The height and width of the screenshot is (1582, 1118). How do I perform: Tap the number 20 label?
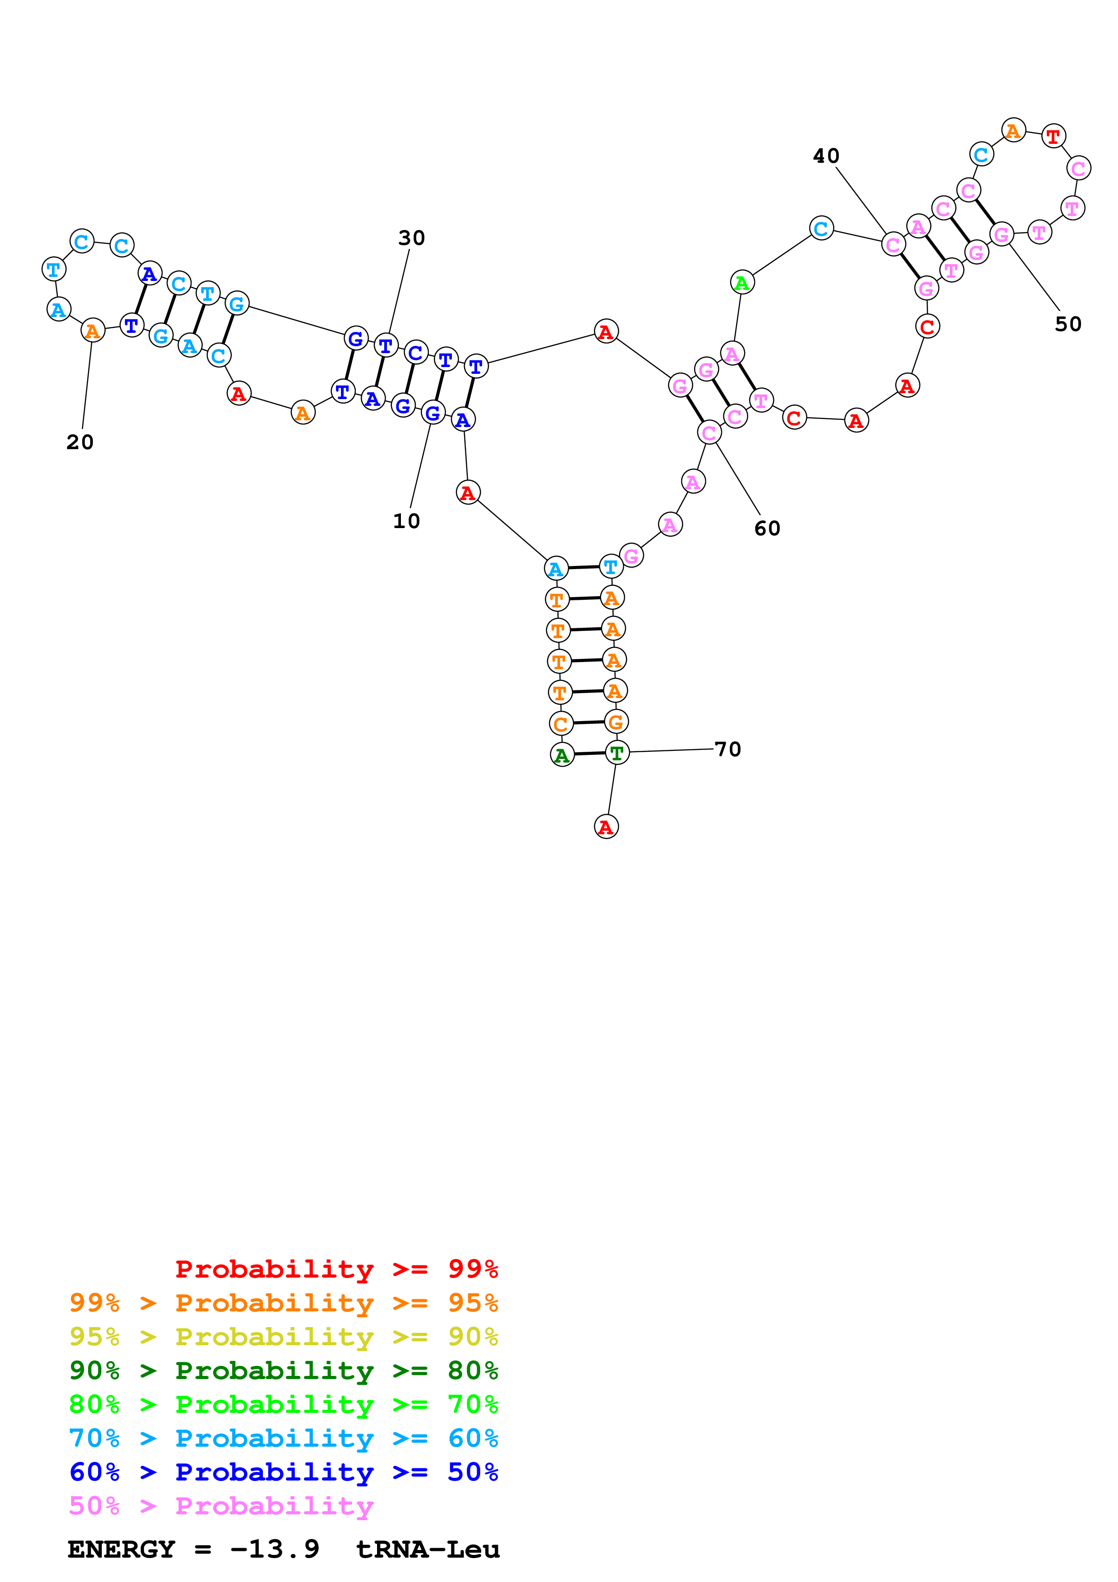tap(80, 442)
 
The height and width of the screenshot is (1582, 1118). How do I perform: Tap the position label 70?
tap(727, 749)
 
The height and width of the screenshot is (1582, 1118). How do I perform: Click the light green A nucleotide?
tap(742, 282)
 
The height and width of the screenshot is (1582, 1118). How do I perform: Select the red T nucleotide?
tap(1053, 137)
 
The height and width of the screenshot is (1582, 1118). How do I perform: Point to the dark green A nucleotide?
tap(562, 755)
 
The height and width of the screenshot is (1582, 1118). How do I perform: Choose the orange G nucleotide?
tap(616, 722)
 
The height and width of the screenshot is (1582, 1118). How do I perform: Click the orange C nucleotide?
tap(561, 724)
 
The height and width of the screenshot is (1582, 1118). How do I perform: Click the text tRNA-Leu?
tap(428, 1550)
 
